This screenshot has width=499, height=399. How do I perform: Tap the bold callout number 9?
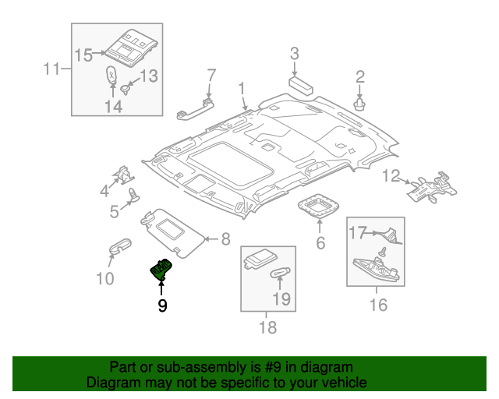click(x=162, y=306)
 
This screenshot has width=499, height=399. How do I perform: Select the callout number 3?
click(x=295, y=54)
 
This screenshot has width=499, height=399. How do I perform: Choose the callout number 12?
click(x=391, y=175)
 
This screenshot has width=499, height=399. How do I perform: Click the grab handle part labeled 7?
click(x=194, y=107)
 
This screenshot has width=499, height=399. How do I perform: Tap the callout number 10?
click(x=104, y=278)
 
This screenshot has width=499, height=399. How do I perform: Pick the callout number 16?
click(x=377, y=305)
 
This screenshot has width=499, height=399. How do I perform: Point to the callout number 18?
click(x=267, y=328)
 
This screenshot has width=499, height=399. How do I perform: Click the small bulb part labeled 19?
click(x=280, y=274)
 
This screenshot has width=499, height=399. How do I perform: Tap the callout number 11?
click(x=51, y=70)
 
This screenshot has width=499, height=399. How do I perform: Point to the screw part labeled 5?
click(x=132, y=195)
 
